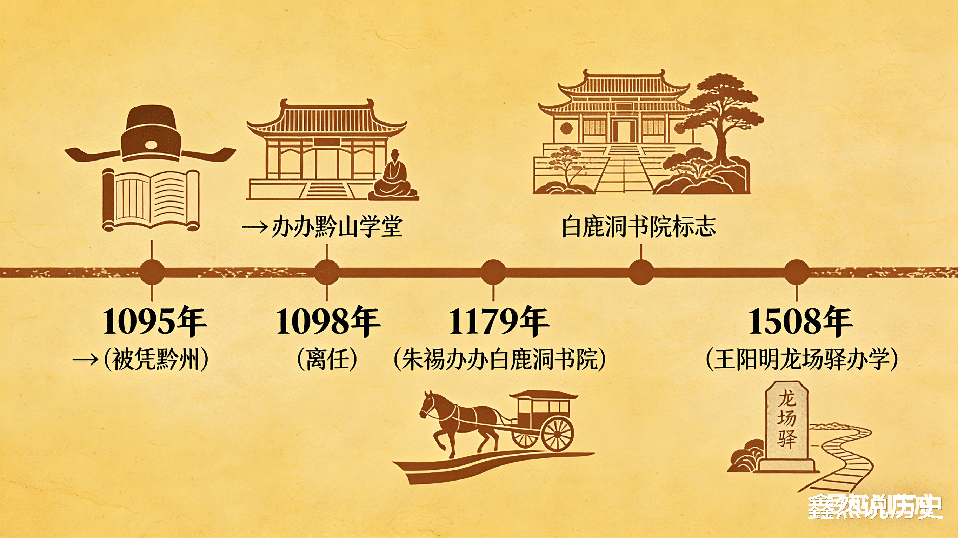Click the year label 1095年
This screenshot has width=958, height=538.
(154, 322)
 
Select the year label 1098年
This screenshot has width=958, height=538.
(328, 322)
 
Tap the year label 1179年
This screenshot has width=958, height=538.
(499, 322)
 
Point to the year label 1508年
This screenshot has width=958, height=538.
(800, 322)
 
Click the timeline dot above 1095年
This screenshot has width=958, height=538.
(152, 272)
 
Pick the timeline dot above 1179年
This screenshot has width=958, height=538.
(493, 272)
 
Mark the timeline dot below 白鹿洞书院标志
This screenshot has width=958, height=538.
(641, 272)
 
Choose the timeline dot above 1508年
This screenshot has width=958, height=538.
(796, 272)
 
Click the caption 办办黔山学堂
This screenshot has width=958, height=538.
(337, 227)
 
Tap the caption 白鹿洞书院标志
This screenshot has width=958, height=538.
(639, 227)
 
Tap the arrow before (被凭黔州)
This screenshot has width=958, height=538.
(86, 360)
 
